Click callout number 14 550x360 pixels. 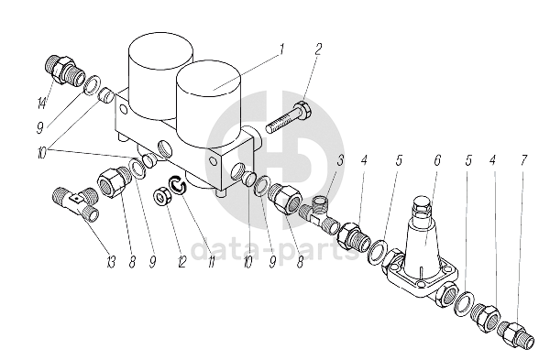point(42,103)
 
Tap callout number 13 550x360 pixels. point(111,262)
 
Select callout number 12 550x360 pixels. point(182,262)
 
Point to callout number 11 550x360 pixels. point(211,262)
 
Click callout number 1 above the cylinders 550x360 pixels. point(281,49)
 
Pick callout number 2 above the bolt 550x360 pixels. point(317,49)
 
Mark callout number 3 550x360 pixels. point(340,160)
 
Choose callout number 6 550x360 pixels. point(437,160)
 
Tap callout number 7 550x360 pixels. point(523,160)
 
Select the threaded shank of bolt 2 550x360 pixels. point(281,123)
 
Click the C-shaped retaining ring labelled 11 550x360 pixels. point(177,184)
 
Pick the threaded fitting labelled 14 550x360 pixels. point(64,70)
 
